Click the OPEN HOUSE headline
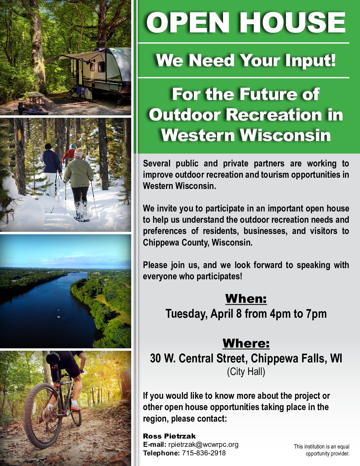pos(246,22)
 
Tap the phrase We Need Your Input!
pos(246,60)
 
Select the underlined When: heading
pos(246,299)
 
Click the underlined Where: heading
pos(246,343)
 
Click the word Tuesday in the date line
pos(186,314)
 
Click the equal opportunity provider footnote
pos(321,450)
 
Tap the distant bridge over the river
pos(77,274)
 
